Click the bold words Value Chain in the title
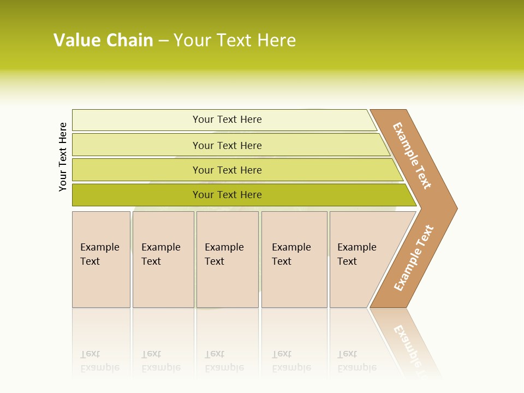(x=103, y=40)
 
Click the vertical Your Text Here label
(x=63, y=157)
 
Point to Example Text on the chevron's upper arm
(x=412, y=156)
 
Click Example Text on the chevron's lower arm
(x=414, y=258)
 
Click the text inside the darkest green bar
(x=227, y=195)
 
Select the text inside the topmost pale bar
(x=227, y=120)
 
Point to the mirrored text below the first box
(x=99, y=361)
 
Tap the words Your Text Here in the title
(x=235, y=40)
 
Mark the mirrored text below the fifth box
(x=356, y=361)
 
